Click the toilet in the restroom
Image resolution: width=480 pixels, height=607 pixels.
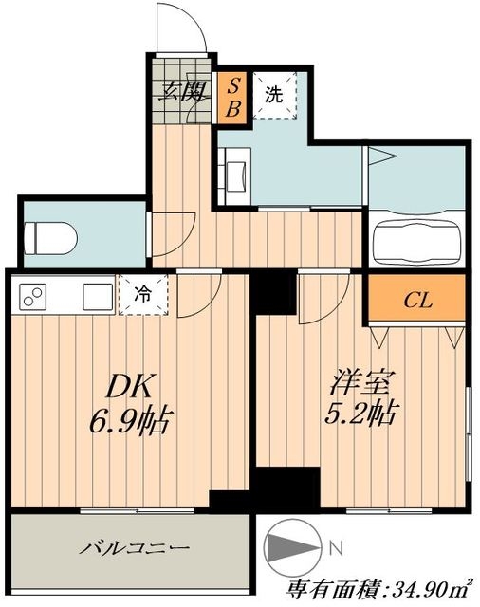tap(50, 238)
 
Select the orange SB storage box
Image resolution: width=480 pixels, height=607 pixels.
tap(233, 99)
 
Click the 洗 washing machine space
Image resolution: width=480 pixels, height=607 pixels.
tap(275, 95)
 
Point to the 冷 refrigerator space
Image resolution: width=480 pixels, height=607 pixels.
tap(143, 295)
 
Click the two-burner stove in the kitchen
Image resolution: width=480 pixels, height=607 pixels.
tap(32, 297)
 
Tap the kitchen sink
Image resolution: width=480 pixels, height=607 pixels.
tap(99, 297)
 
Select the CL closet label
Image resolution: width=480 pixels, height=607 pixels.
tap(418, 300)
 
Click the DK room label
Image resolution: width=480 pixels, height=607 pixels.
tap(129, 386)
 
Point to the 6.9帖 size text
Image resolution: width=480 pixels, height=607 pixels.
tap(131, 420)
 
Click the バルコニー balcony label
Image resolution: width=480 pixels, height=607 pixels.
tap(135, 548)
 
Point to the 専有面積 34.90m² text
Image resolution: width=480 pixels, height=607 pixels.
tap(379, 589)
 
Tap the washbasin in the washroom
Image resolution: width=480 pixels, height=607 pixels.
tap(234, 176)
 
